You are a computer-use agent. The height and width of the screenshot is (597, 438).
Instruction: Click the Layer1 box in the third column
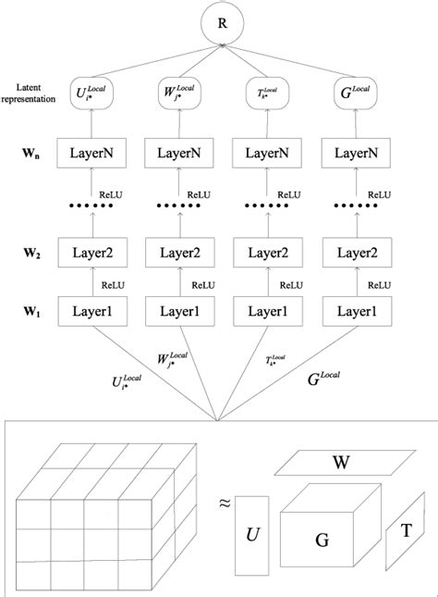[274, 313]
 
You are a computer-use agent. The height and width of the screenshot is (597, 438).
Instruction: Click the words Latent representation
[29, 96]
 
